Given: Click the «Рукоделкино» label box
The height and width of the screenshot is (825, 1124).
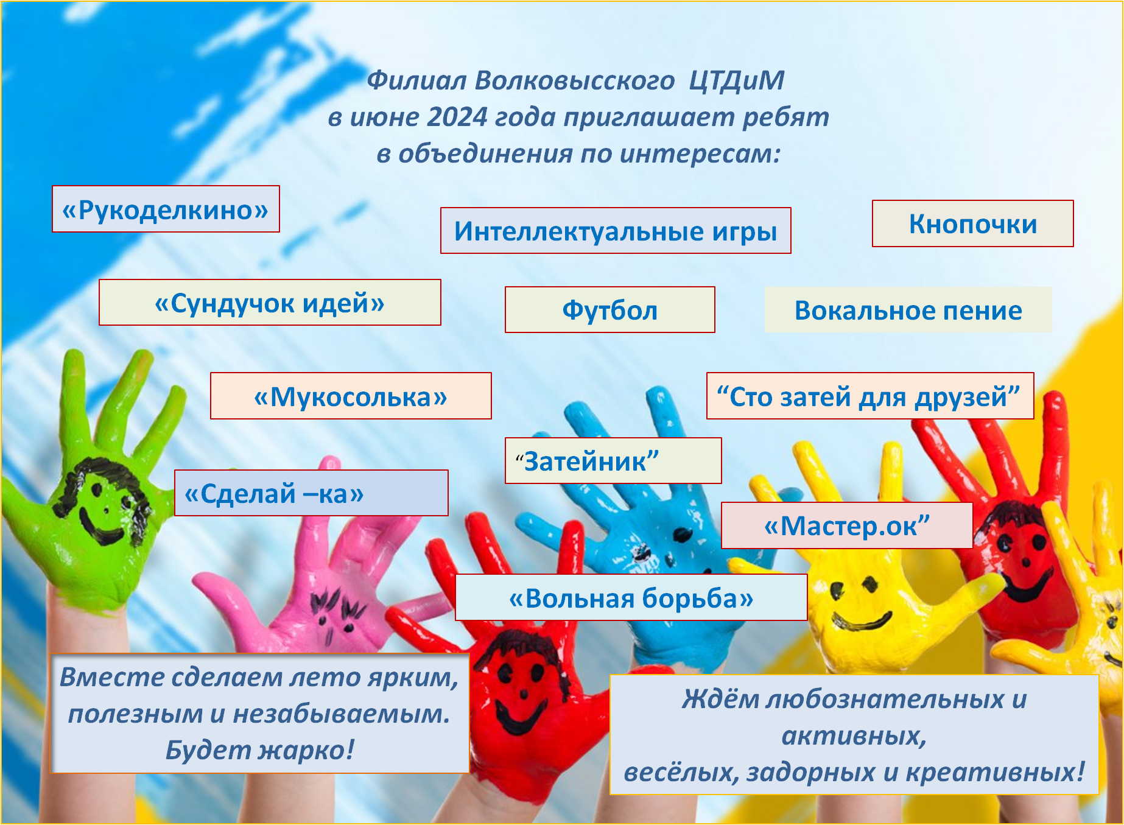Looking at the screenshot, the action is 166,209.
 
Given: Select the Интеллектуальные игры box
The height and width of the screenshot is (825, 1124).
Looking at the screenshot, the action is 616,231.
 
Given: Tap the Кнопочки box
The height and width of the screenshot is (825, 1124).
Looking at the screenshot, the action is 972,223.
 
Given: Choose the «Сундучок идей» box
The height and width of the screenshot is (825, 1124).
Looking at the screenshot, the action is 270,303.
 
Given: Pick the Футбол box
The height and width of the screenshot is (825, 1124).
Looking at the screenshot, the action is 609,310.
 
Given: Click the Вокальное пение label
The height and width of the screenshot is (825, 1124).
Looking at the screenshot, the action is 908,310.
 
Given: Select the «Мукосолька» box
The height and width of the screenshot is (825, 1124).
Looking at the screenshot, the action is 351,396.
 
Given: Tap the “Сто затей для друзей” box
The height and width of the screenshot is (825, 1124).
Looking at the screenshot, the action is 870,396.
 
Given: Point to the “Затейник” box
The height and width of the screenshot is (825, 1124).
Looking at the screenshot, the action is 613,461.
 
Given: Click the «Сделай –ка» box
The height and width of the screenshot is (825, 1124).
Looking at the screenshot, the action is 311,493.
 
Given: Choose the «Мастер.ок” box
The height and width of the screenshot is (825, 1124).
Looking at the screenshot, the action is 846,525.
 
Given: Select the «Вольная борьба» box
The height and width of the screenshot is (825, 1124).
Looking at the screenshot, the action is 631,598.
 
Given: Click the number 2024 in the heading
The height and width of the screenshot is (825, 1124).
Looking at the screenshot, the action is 457,117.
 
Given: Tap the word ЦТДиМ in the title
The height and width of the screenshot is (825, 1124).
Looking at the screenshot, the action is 736,81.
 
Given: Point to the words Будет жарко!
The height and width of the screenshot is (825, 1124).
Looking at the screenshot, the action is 260,750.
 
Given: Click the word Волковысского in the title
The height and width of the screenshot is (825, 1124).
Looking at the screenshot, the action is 574,81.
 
